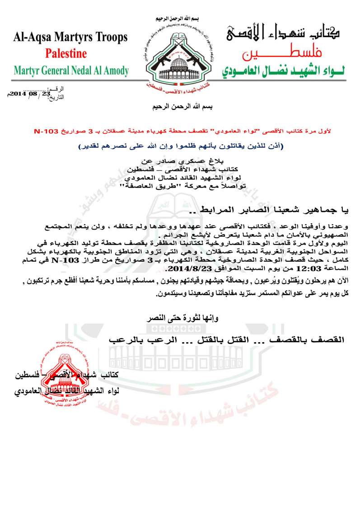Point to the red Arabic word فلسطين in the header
(289, 56)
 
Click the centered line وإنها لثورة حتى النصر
(180, 319)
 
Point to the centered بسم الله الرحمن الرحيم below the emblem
(180, 108)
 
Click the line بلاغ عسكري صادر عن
(180, 160)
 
